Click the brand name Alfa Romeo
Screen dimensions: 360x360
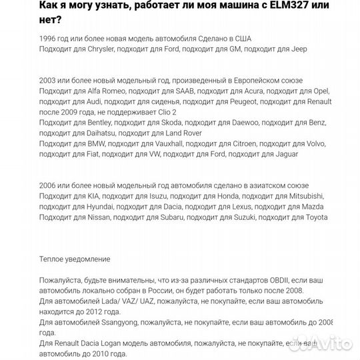(105, 90)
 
